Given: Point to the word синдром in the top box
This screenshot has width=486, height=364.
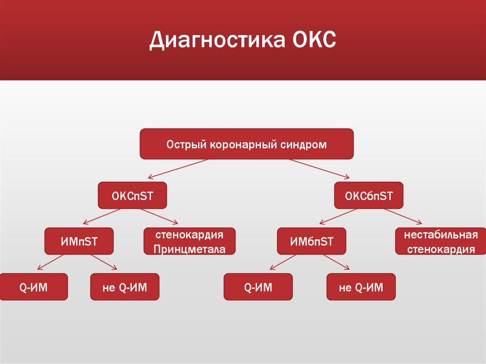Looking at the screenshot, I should (304, 144).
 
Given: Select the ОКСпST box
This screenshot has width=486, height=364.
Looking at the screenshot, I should (132, 196).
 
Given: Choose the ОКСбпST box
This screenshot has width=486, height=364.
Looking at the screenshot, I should (369, 196).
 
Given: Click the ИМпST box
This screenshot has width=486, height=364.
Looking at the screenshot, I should (79, 242).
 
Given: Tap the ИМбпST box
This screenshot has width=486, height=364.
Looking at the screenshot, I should (311, 242).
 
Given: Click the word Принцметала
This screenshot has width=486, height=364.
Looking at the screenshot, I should (189, 250).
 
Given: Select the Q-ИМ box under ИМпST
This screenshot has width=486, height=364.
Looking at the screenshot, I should (33, 287).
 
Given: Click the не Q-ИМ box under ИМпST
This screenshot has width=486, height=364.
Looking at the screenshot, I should (125, 287).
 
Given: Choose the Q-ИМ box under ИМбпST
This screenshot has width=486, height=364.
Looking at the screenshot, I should (258, 287).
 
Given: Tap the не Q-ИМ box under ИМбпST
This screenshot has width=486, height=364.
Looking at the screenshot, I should (361, 287).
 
